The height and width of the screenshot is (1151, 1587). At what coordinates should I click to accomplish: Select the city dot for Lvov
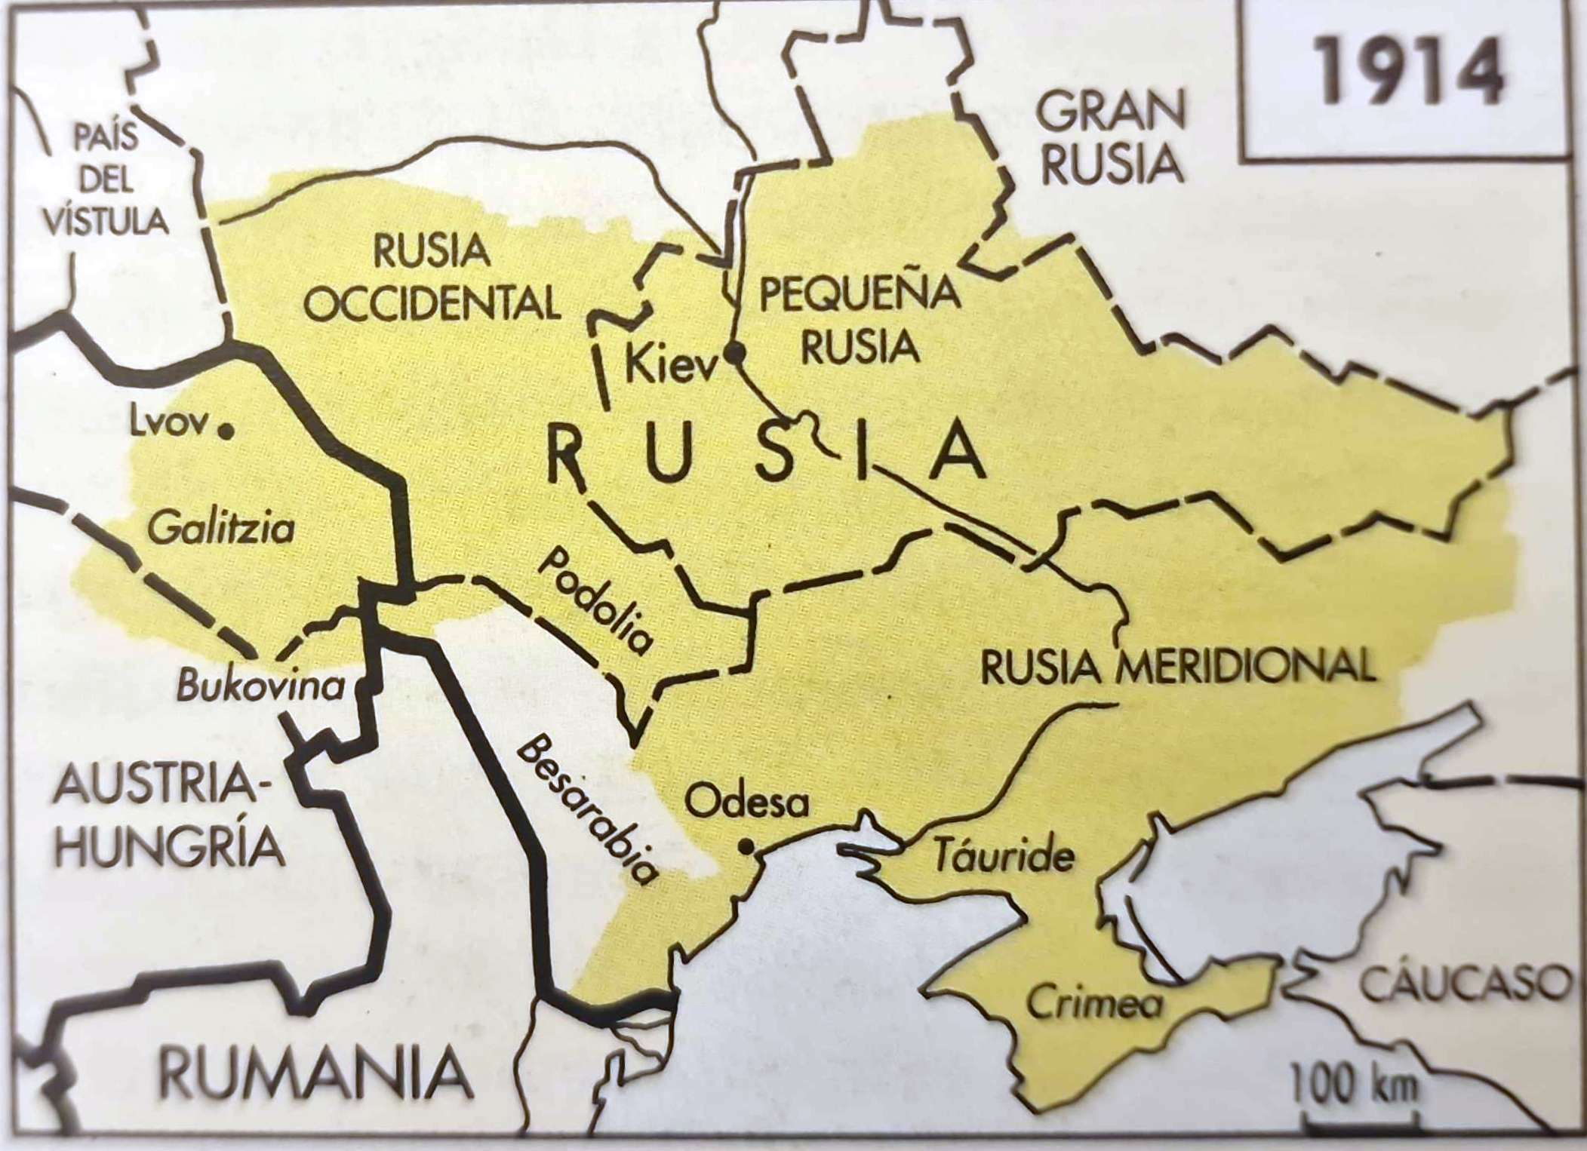click(x=224, y=431)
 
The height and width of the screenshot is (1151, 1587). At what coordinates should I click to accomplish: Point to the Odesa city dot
click(x=746, y=847)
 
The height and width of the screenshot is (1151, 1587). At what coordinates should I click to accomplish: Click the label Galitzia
click(x=221, y=527)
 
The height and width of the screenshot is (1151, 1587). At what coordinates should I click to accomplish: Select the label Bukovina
click(x=260, y=686)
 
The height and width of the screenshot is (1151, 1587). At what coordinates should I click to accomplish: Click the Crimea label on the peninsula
click(x=1095, y=1003)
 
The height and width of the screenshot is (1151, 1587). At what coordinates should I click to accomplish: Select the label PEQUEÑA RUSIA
click(x=860, y=320)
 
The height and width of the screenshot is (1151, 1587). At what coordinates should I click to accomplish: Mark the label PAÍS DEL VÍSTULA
click(x=106, y=181)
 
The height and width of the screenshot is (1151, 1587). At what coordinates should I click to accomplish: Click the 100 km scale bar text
click(x=1355, y=1087)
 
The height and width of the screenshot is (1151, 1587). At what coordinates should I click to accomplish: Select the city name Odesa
click(x=746, y=803)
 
